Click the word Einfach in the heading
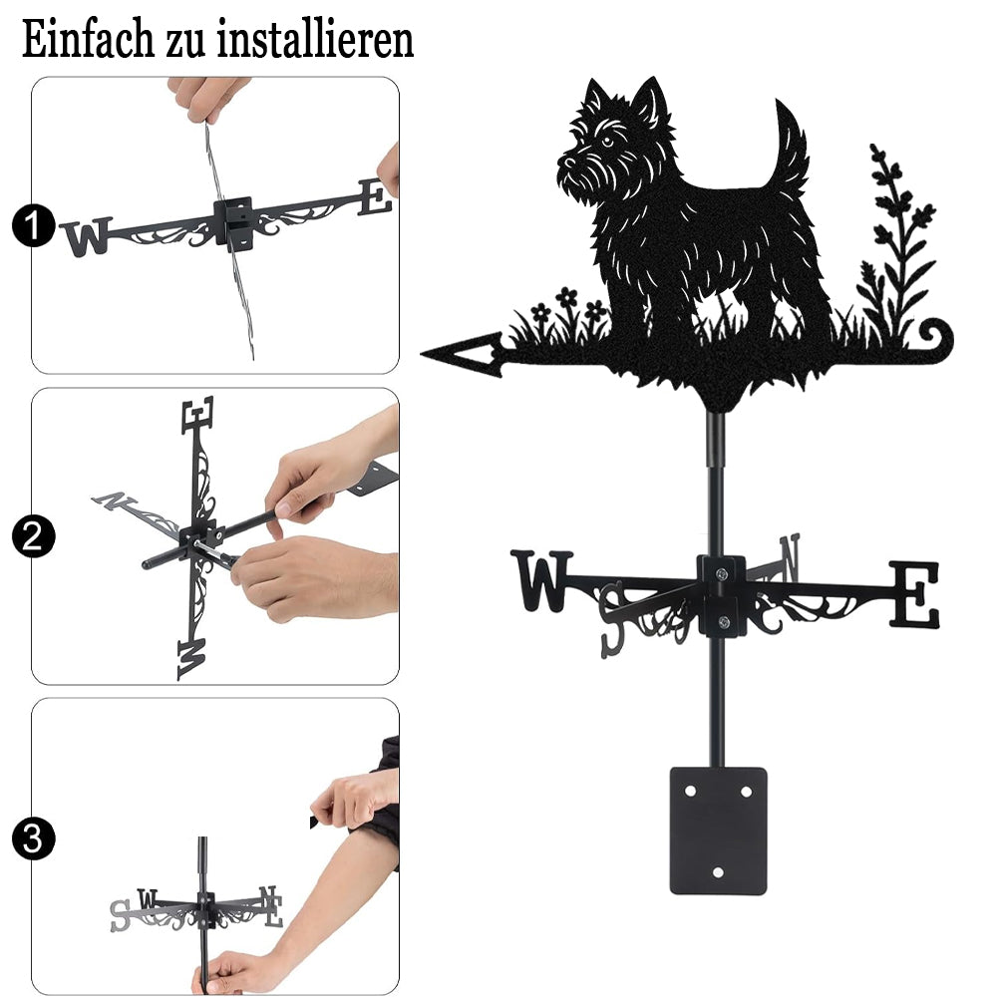(x=88, y=40)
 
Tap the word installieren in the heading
(x=315, y=40)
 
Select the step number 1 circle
(x=33, y=225)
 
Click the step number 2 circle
(x=33, y=536)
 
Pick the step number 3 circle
(x=33, y=838)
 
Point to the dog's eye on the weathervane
(x=607, y=142)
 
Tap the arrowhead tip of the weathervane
(x=422, y=352)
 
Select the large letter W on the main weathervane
(x=542, y=580)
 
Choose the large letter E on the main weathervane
(x=913, y=593)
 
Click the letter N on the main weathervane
(x=789, y=557)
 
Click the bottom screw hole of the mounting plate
(x=718, y=872)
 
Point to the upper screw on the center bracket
(x=721, y=575)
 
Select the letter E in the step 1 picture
(x=375, y=197)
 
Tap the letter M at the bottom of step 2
(x=191, y=658)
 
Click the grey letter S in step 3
(x=120, y=916)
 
